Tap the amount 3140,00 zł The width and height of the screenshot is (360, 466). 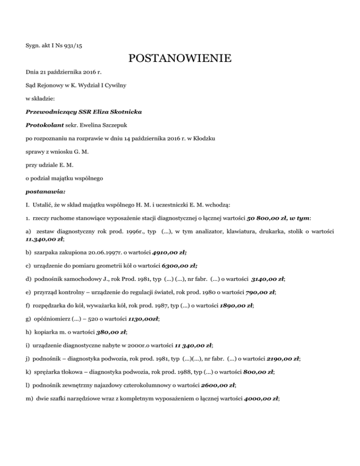point(268,278)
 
